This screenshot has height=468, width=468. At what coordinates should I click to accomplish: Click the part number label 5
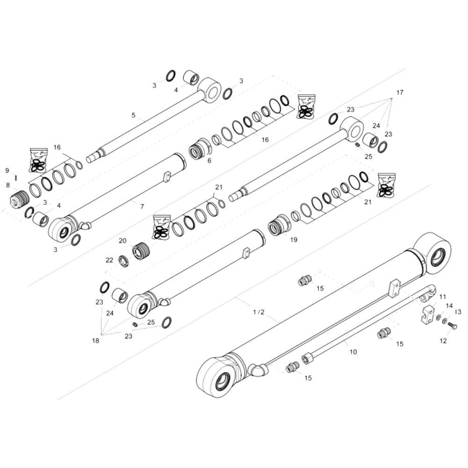click(x=133, y=115)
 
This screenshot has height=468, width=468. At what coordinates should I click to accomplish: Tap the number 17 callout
click(x=399, y=93)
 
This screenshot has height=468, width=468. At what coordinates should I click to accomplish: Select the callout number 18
click(x=96, y=341)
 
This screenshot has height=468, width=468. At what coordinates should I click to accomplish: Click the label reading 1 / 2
click(x=259, y=312)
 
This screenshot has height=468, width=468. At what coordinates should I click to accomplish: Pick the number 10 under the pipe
click(x=353, y=351)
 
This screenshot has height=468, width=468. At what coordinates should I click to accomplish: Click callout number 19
click(x=293, y=240)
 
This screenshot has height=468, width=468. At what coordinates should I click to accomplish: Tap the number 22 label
click(x=110, y=260)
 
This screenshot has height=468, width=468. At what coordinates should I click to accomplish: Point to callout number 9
click(x=7, y=170)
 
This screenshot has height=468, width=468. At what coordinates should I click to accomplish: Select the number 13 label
click(x=458, y=312)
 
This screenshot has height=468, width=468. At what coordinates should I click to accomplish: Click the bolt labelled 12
click(x=452, y=325)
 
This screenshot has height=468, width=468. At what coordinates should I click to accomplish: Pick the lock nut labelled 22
click(x=124, y=261)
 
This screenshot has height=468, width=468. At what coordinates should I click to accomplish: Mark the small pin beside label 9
click(x=16, y=177)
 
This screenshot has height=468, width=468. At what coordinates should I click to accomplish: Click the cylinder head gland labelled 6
click(x=200, y=148)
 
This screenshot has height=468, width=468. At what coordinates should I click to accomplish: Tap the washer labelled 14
click(x=439, y=318)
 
